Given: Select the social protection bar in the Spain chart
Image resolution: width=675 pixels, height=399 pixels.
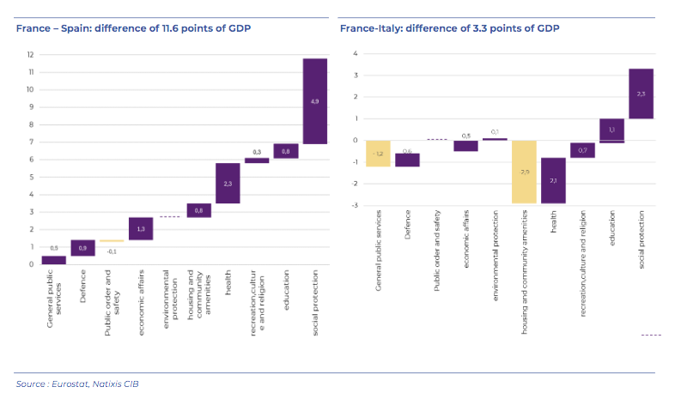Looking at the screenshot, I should [314, 101].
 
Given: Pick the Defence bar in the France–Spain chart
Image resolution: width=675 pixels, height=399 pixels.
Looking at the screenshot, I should [82, 248].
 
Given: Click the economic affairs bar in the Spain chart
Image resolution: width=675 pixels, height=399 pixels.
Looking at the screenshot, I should [140, 228].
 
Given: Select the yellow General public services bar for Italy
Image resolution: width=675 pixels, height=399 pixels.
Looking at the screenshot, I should [377, 153].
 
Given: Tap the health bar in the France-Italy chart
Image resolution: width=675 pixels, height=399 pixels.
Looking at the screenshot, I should [553, 180].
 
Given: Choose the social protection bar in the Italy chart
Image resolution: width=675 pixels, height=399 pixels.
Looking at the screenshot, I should [641, 94].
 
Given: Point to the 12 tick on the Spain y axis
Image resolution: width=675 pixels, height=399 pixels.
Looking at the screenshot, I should [30, 55].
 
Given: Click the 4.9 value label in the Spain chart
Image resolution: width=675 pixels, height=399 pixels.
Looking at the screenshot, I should [314, 101].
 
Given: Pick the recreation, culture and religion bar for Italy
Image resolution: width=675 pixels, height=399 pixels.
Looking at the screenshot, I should [582, 151].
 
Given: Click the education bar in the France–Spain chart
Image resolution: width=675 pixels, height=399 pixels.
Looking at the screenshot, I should [285, 151].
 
